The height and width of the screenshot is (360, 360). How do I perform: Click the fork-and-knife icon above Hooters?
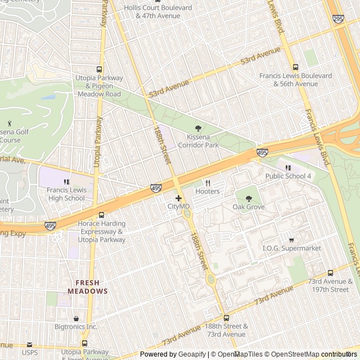tap(208, 183)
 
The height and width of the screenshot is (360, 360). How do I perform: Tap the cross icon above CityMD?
tap(178, 198)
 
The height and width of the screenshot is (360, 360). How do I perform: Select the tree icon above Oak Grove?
tap(248, 198)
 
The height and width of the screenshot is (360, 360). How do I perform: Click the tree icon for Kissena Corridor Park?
tap(197, 129)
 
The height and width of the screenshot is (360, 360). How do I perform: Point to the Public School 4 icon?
tap(289, 168)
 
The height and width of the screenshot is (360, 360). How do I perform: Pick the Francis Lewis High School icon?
tap(66, 182)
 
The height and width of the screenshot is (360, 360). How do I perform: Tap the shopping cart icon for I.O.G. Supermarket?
tap(291, 240)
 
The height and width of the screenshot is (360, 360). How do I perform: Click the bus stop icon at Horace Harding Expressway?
tap(101, 215)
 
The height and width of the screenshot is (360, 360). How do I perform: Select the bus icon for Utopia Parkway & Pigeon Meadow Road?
tap(99, 69)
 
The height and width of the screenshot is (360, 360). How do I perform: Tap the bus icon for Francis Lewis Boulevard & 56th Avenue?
tap(296, 67)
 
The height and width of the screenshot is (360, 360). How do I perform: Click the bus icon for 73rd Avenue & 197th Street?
tap(330, 273)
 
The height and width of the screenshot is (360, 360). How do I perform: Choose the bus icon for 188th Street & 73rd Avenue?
tap(226, 318)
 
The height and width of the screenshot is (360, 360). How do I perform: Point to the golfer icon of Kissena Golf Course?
tap(10, 123)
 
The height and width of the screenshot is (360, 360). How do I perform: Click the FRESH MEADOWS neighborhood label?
tap(87, 287)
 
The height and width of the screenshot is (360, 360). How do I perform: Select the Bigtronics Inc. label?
tap(76, 326)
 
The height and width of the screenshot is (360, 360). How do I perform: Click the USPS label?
tap(30, 353)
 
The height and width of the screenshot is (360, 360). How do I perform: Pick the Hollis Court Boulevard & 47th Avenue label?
tap(158, 12)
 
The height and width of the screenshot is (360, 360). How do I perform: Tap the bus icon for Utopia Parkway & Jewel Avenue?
tap(84, 343)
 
